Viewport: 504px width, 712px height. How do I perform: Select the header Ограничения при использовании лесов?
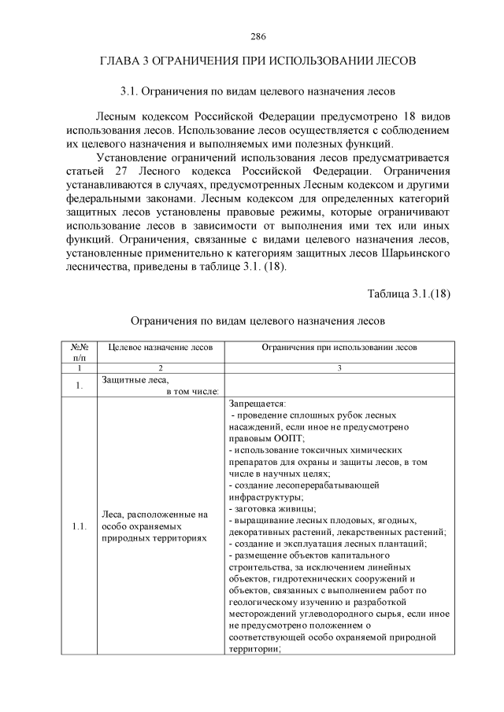(x=339, y=346)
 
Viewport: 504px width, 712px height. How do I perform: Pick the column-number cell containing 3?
(x=339, y=367)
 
